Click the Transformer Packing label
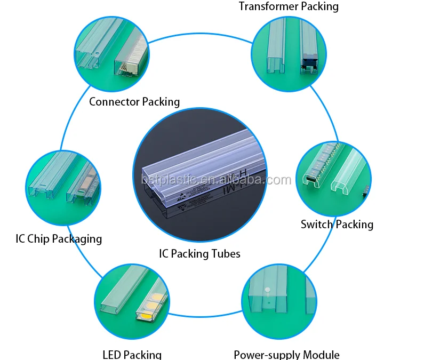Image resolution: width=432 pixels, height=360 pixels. pos(289,6)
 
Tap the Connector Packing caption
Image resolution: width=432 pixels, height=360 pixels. pos(134,101)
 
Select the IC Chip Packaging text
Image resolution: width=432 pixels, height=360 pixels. pos(59,238)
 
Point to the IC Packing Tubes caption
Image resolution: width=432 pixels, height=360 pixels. pos(199,253)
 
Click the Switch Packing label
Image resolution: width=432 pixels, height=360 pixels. pos(337,224)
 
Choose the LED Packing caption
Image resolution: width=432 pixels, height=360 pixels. pos(132,354)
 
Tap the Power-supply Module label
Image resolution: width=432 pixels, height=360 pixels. pos(286,355)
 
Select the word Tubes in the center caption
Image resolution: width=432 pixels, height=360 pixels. pos(226,253)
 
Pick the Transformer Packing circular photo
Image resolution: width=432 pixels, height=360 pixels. pos(289,53)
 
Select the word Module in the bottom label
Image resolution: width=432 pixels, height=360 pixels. pos(321,355)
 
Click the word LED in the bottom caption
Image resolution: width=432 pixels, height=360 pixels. pos(114,354)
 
